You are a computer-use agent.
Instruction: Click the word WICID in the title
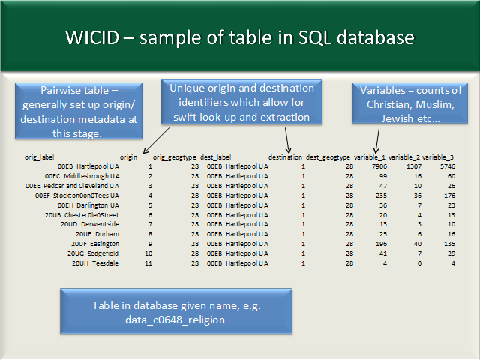tap(92, 37)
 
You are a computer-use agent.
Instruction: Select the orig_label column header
tap(39, 157)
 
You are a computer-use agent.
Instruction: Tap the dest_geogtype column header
tap(328, 157)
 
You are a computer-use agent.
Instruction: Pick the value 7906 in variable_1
tap(379, 166)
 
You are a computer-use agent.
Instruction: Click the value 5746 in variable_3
tap(448, 166)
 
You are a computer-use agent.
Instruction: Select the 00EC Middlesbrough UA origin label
tap(82, 176)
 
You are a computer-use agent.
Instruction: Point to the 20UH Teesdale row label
tap(95, 263)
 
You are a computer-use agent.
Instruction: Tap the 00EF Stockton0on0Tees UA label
tap(76, 196)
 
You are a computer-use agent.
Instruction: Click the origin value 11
tap(148, 263)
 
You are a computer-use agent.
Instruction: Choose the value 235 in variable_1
tap(382, 196)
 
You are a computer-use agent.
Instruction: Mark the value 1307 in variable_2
tap(414, 166)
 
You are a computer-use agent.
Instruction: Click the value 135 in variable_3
tap(449, 244)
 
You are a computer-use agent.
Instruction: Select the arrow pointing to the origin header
tap(156, 140)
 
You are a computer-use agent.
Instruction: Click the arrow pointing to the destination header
tap(287, 140)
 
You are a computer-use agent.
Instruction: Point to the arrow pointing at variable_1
tap(377, 140)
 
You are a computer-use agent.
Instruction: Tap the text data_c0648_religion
tap(175, 319)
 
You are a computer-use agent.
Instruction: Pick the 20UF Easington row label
tap(95, 244)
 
